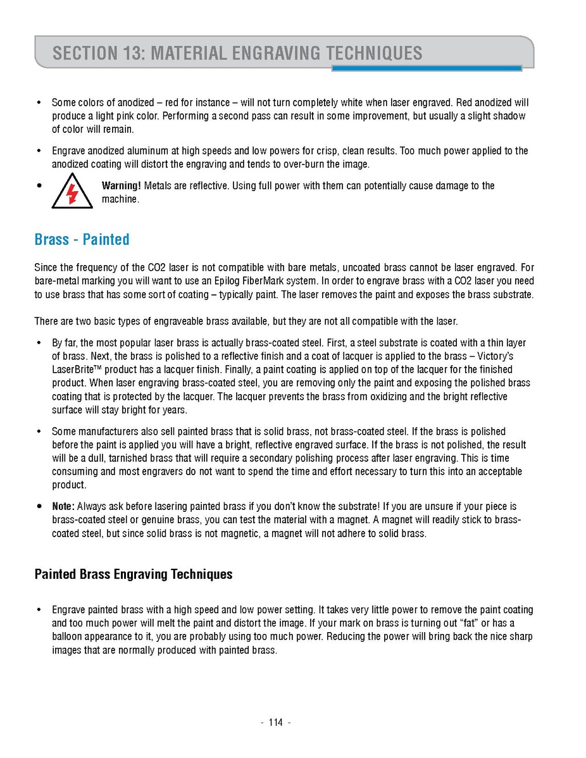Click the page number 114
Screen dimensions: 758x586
[x=275, y=723]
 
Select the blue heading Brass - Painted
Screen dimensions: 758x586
[x=82, y=240]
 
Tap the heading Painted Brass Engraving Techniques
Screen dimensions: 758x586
[x=134, y=575]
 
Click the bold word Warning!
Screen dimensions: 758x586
[x=122, y=186]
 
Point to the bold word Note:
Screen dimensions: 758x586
[x=63, y=507]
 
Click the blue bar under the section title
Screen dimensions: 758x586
[x=427, y=68]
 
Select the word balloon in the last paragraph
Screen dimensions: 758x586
[x=70, y=637]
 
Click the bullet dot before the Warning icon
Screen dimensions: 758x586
[x=39, y=186]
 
